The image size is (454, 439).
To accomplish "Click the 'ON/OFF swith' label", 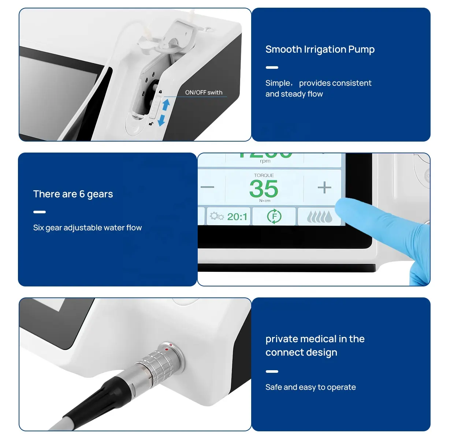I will point(204,93).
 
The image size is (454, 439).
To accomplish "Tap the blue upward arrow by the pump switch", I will point(166,105).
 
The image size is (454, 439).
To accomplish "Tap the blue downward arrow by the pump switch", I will point(161,120).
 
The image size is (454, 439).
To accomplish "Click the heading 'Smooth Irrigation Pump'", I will point(320,49).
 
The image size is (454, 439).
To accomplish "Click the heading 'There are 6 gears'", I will point(73,194).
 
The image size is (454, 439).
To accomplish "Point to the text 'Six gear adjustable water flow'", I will point(87,228).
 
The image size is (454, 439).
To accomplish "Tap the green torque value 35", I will point(264,189).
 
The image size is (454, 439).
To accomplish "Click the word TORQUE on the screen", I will point(264,176).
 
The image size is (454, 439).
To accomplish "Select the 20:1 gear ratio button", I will point(229,217).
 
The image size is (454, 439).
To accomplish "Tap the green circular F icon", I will point(274,216).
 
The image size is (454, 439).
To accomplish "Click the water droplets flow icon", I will point(319,217).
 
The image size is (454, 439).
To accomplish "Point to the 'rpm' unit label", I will point(265,161).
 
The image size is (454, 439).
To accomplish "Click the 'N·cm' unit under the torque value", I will point(265,200).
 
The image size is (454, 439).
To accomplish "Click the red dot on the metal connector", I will point(167,349).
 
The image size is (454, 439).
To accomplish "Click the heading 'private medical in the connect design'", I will point(315,345).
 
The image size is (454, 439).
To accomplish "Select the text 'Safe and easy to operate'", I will point(310,387).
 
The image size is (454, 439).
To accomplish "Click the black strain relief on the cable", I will point(106,395).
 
